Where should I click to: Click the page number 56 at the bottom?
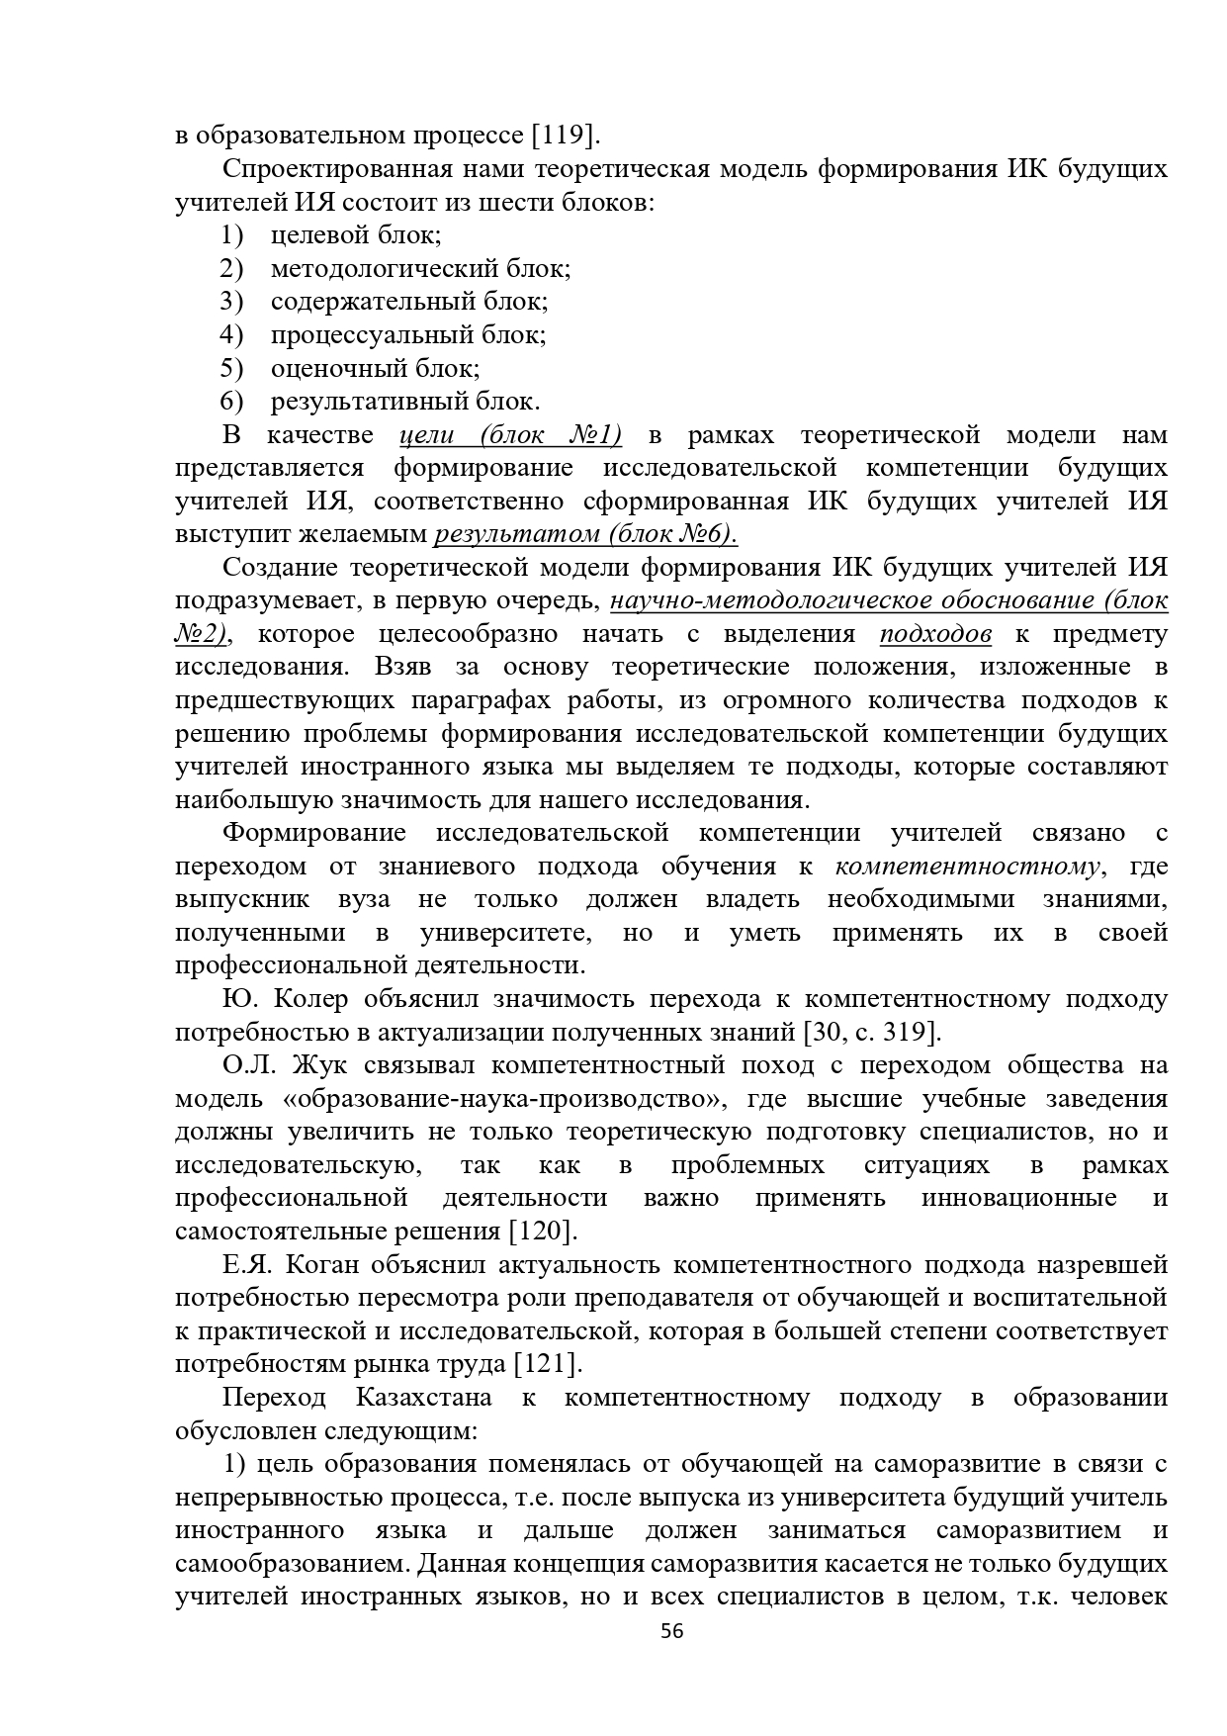pos(672,1659)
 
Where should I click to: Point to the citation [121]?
pos(548,1364)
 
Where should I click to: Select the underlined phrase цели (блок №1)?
pos(510,434)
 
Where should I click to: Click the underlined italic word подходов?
pos(935,634)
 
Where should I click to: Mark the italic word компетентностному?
pos(967,867)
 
